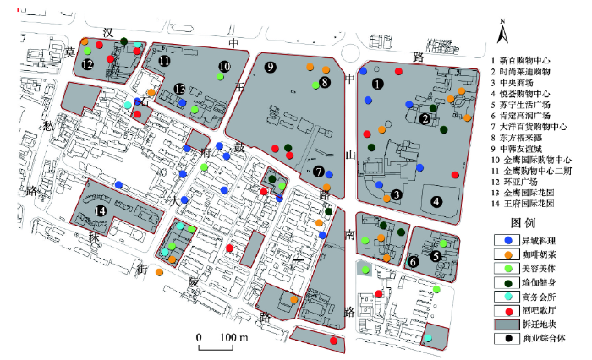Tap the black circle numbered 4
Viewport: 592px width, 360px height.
436,201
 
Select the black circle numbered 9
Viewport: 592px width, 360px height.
270,68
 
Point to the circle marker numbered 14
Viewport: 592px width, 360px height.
101,211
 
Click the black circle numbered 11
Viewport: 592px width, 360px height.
164,61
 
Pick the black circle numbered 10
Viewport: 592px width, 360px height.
224,66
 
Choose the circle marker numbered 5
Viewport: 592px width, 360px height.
436,255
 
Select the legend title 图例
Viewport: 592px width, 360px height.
525,223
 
